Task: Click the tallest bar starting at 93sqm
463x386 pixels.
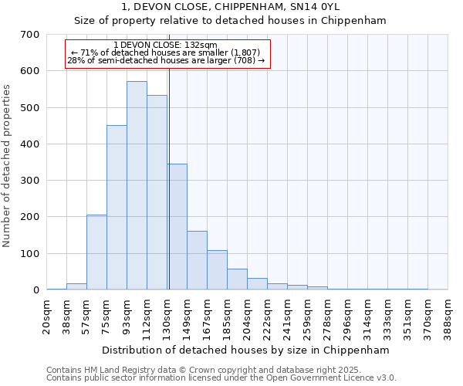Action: tap(137, 185)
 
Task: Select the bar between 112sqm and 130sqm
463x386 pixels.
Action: tap(157, 192)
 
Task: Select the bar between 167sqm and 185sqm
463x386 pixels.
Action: tap(217, 269)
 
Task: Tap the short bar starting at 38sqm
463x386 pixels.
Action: tap(76, 286)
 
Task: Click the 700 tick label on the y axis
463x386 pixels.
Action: tap(30, 35)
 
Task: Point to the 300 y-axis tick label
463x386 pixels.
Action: tap(30, 181)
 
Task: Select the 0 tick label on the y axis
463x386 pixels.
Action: tap(35, 290)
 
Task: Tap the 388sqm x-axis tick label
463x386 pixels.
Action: tap(448, 317)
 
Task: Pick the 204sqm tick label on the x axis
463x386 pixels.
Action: tap(248, 317)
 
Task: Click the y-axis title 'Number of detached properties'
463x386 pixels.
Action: tap(7, 167)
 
